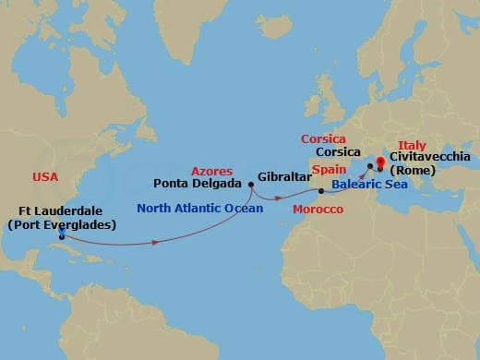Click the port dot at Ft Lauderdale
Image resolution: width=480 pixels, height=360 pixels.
(61, 235)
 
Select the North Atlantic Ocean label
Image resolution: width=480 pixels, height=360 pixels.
(199, 209)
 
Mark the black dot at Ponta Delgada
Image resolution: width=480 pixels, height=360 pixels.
(252, 184)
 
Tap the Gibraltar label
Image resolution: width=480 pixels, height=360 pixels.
(279, 176)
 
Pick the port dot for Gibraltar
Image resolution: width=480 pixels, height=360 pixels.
(320, 191)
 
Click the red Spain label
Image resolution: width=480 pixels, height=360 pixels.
(328, 171)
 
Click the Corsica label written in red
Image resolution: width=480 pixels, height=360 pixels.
(323, 139)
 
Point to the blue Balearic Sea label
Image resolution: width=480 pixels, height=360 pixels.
(368, 185)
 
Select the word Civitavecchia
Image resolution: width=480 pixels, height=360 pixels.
(428, 157)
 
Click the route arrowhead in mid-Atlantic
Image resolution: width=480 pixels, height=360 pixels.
(155, 242)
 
